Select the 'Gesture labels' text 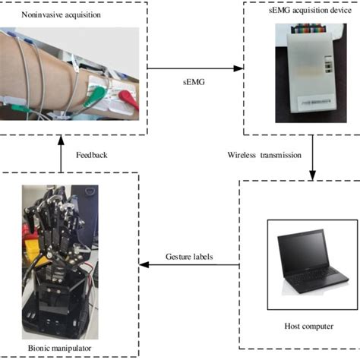point(189,257)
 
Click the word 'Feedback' point(91,155)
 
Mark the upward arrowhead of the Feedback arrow point(60,139)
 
